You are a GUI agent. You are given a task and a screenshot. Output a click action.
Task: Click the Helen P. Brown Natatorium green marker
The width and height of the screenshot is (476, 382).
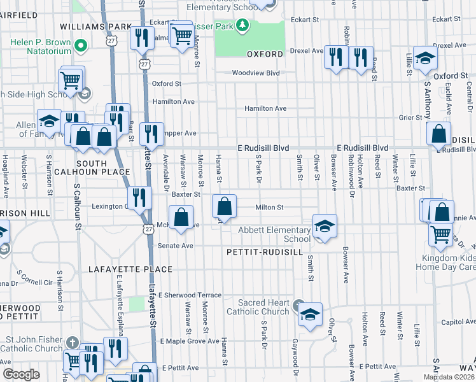pyautogui.click(x=81, y=45)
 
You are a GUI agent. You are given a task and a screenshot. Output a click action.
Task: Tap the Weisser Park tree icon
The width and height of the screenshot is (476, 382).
pyautogui.click(x=242, y=26)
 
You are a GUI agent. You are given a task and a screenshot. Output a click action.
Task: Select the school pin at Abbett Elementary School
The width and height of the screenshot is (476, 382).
pyautogui.click(x=324, y=227)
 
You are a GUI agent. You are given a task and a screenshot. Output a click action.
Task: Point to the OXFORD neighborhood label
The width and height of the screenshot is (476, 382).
pyautogui.click(x=264, y=55)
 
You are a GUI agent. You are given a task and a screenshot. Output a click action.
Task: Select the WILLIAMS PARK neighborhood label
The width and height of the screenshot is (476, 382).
pyautogui.click(x=95, y=27)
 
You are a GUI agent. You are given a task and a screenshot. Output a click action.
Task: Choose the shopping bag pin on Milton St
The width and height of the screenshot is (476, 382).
pyautogui.click(x=224, y=206)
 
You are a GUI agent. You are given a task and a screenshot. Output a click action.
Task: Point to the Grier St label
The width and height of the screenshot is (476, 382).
pyautogui.click(x=410, y=117)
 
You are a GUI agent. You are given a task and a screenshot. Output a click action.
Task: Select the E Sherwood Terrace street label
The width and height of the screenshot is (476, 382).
pyautogui.click(x=190, y=295)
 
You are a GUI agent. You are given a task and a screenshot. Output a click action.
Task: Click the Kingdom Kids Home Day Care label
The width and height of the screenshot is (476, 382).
pyautogui.click(x=449, y=262)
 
